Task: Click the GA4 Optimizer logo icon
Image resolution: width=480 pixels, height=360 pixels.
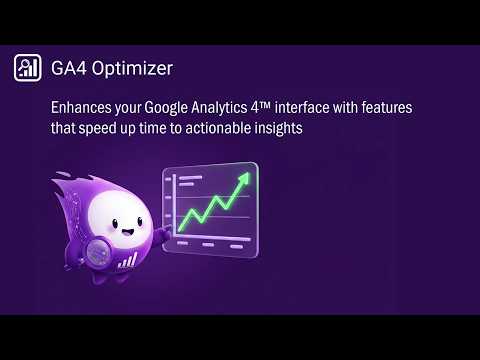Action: coord(27,68)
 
